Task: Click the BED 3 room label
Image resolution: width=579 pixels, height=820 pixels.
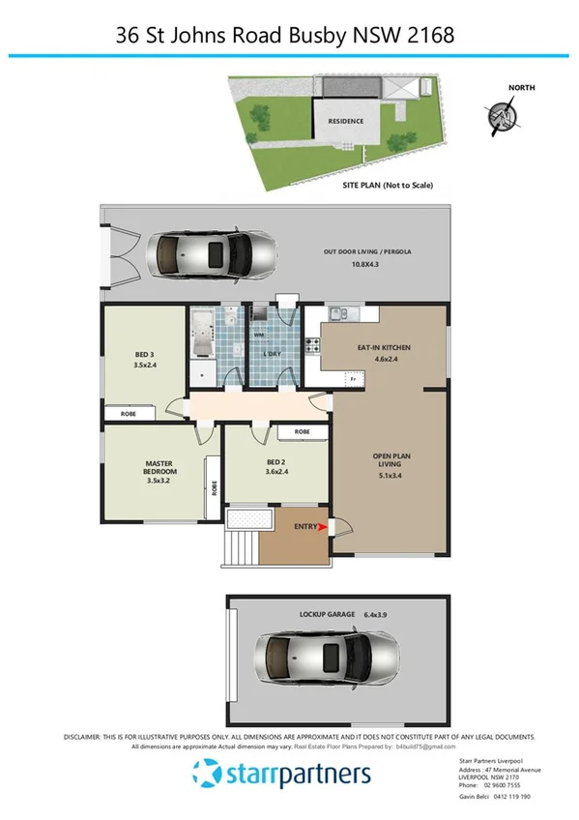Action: (x=145, y=360)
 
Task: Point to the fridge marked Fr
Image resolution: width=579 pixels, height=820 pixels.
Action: (x=353, y=379)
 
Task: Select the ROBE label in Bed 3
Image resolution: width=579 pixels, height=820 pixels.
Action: (x=128, y=414)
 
